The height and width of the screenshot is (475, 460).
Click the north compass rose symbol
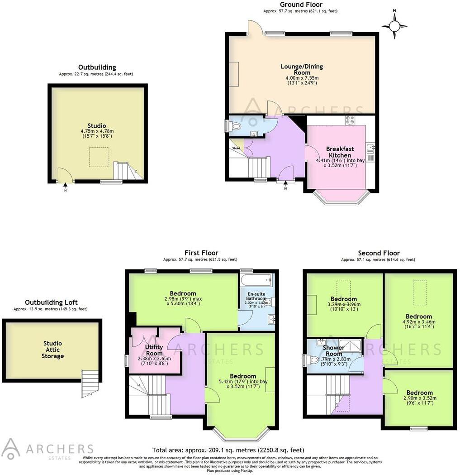pos(394,26)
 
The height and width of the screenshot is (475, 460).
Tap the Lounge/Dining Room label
pos(302,69)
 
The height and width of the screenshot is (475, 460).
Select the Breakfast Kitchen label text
pos(340,152)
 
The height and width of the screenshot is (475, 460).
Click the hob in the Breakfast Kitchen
pos(350,120)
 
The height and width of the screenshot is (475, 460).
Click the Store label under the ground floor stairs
pos(236,148)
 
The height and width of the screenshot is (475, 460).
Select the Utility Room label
pos(154,350)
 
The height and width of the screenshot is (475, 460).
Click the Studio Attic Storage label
pos(53,350)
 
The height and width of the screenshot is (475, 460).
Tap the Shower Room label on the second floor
pos(334,350)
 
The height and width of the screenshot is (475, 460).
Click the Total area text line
pos(228,450)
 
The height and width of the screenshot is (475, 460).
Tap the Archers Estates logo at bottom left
pos(47,449)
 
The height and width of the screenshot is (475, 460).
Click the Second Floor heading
pos(379,253)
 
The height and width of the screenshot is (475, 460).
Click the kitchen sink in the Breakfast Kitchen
pos(370,147)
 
